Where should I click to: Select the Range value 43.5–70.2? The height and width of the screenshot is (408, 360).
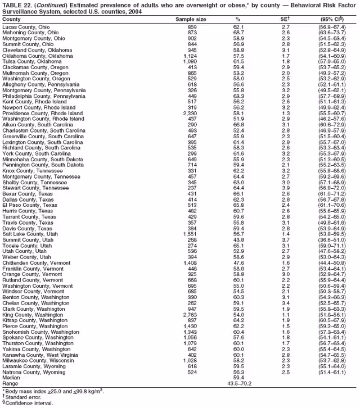click(239, 383)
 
